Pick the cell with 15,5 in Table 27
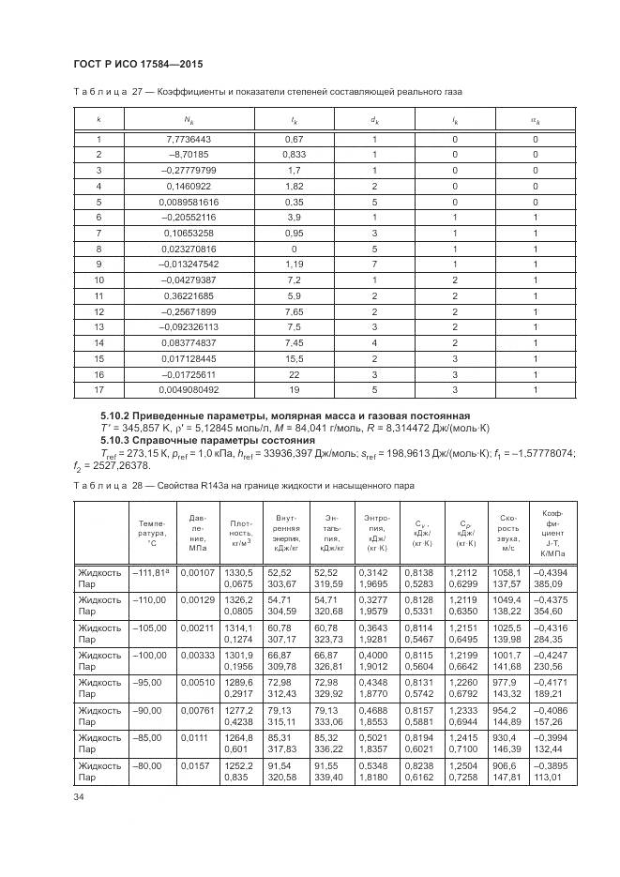tap(294, 357)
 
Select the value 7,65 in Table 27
tap(294, 310)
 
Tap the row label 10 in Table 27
tap(98, 280)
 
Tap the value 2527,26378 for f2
tap(122, 465)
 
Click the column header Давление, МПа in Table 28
tap(197, 531)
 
